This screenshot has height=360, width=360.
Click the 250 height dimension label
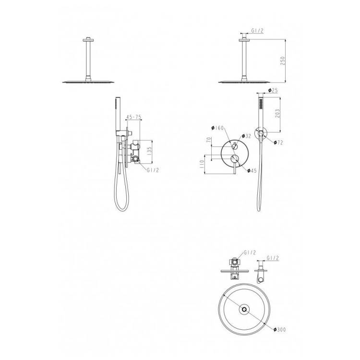(283, 61)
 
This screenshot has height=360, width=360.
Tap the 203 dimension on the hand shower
(277, 113)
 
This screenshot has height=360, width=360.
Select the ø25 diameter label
(273, 90)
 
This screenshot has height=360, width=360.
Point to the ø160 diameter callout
(217, 128)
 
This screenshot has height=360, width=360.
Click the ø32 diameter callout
(246, 136)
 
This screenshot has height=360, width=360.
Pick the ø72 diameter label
(278, 143)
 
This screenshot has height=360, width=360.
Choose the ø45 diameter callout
(252, 170)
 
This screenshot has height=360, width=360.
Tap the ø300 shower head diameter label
(280, 329)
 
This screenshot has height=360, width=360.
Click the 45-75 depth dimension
(133, 117)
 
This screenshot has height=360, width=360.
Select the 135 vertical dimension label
(149, 152)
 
